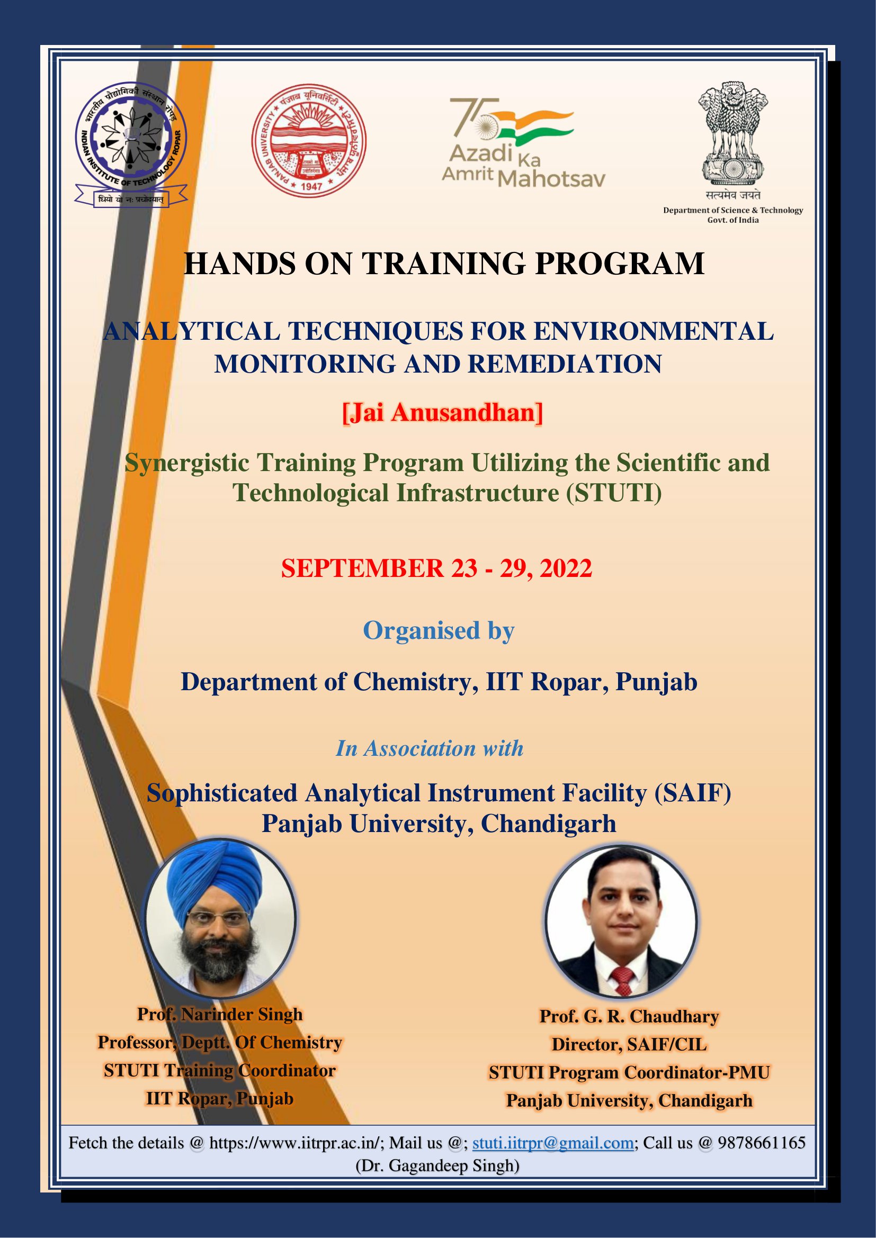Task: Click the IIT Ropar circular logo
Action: click(x=131, y=144)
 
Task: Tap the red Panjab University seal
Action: click(x=309, y=141)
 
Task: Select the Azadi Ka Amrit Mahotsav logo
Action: click(x=523, y=142)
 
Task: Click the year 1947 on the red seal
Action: click(x=311, y=186)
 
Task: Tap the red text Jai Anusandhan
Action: click(x=442, y=412)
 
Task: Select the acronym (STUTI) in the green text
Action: click(x=613, y=493)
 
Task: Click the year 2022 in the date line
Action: click(x=566, y=568)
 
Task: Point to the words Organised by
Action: click(x=439, y=631)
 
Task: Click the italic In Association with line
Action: click(x=430, y=748)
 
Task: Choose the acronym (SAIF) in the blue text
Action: click(x=693, y=793)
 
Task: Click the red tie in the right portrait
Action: click(x=622, y=981)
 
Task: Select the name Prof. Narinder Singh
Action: click(x=220, y=1014)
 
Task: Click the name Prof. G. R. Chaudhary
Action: click(x=629, y=1016)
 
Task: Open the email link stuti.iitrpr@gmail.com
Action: click(x=553, y=1143)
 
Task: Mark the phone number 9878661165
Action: click(x=762, y=1143)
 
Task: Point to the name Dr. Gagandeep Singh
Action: click(x=437, y=1165)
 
